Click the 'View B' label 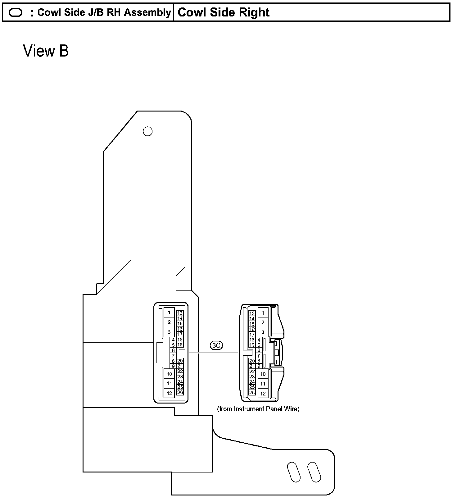[46, 51]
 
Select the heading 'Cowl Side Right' [224, 12]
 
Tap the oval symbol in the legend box [16, 13]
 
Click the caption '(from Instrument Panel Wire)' [258, 409]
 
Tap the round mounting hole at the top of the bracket [147, 131]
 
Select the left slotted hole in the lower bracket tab [294, 472]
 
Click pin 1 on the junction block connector [169, 312]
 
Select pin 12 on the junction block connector [169, 393]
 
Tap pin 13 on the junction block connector [180, 313]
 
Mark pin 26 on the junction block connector [180, 392]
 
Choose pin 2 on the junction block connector [169, 322]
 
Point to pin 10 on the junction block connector [169, 374]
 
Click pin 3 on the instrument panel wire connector [263, 332]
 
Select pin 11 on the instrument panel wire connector [263, 384]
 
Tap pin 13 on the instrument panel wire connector [252, 313]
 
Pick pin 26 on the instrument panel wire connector [252, 393]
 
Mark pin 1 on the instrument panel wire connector [263, 313]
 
